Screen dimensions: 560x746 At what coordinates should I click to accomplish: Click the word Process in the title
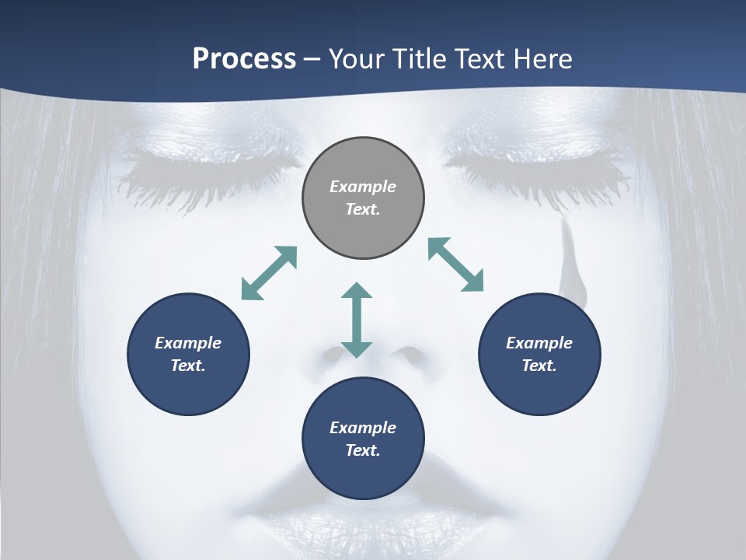point(244,59)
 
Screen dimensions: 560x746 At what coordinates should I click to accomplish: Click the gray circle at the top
point(363,198)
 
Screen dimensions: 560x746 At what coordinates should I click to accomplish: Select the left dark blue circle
point(188,354)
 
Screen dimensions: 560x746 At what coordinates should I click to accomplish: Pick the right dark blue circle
point(539,354)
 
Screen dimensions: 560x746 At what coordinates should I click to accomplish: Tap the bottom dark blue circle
point(363,439)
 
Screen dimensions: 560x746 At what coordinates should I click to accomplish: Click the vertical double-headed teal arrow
point(357,320)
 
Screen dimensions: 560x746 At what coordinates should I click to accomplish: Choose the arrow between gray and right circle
point(455,264)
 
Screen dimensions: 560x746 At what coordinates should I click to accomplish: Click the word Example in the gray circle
point(363,187)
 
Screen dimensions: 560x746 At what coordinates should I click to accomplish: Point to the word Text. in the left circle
point(188,366)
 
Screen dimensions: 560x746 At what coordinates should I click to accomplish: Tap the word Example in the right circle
point(539,343)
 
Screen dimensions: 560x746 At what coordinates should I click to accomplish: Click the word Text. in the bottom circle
point(363,450)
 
